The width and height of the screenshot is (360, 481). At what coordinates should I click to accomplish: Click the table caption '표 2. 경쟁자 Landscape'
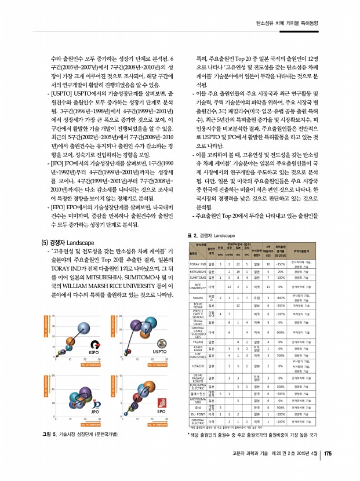(x=211, y=236)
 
